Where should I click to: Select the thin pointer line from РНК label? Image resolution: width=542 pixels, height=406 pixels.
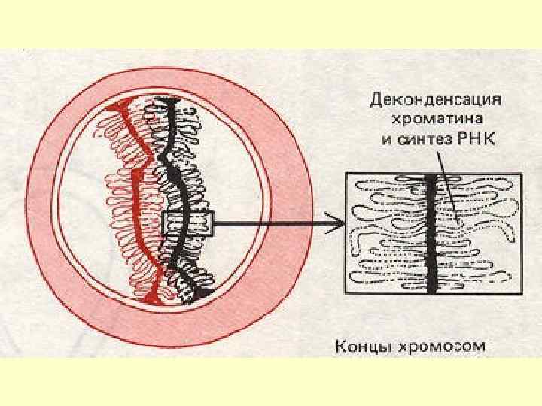(448, 188)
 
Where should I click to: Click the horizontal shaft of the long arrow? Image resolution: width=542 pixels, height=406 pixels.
(271, 221)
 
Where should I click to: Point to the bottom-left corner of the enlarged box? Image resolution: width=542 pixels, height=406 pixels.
(345, 292)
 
